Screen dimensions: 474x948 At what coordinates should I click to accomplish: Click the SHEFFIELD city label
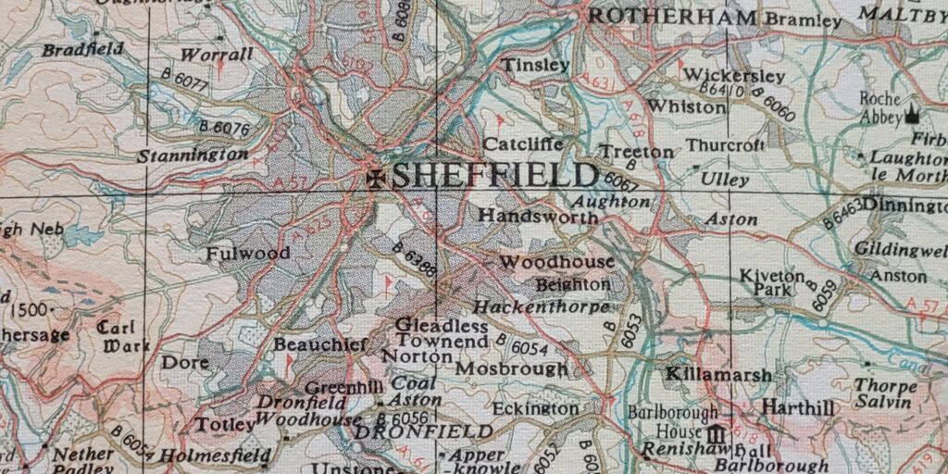[494, 175]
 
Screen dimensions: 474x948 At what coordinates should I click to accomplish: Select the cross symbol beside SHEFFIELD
[376, 178]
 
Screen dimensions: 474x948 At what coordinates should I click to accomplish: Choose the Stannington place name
[193, 156]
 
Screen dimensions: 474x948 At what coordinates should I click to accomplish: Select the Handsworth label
[538, 215]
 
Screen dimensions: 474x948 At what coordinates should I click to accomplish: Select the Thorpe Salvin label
[885, 393]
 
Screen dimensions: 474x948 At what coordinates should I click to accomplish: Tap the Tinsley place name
[535, 65]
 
